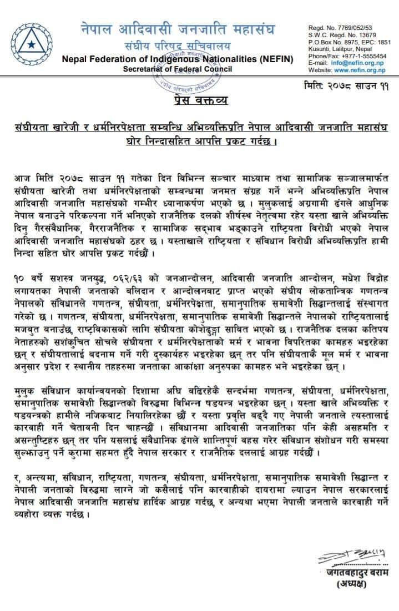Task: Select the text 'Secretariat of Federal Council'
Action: tap(177, 69)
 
